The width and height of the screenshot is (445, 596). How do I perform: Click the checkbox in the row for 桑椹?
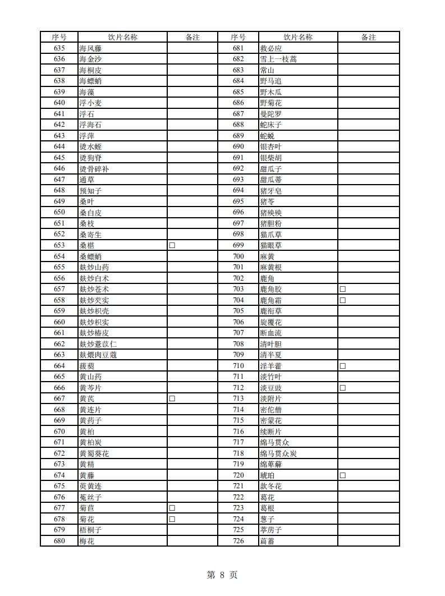click(172, 245)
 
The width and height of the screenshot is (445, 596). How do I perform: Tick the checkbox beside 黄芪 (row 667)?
click(172, 398)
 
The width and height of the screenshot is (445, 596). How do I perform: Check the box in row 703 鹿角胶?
click(342, 289)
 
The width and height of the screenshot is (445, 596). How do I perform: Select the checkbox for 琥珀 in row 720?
click(342, 475)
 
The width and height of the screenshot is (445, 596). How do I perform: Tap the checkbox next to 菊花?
click(172, 519)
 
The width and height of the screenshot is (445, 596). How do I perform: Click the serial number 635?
click(59, 48)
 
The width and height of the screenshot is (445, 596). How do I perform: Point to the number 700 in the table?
click(238, 256)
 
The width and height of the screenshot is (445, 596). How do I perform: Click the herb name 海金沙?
click(90, 59)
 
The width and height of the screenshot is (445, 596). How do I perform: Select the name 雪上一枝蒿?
click(278, 59)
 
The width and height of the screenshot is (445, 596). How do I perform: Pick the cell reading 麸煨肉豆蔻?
click(98, 355)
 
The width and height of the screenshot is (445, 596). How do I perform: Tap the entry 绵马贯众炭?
click(278, 453)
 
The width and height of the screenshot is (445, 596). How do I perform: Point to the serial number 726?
click(238, 541)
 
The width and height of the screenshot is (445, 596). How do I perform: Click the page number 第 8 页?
click(222, 575)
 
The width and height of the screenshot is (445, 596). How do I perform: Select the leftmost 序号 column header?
click(59, 37)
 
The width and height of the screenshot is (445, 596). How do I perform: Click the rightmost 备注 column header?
click(368, 37)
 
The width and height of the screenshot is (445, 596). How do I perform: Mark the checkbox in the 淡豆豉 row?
click(342, 388)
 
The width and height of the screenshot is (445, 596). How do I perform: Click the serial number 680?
click(59, 541)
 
